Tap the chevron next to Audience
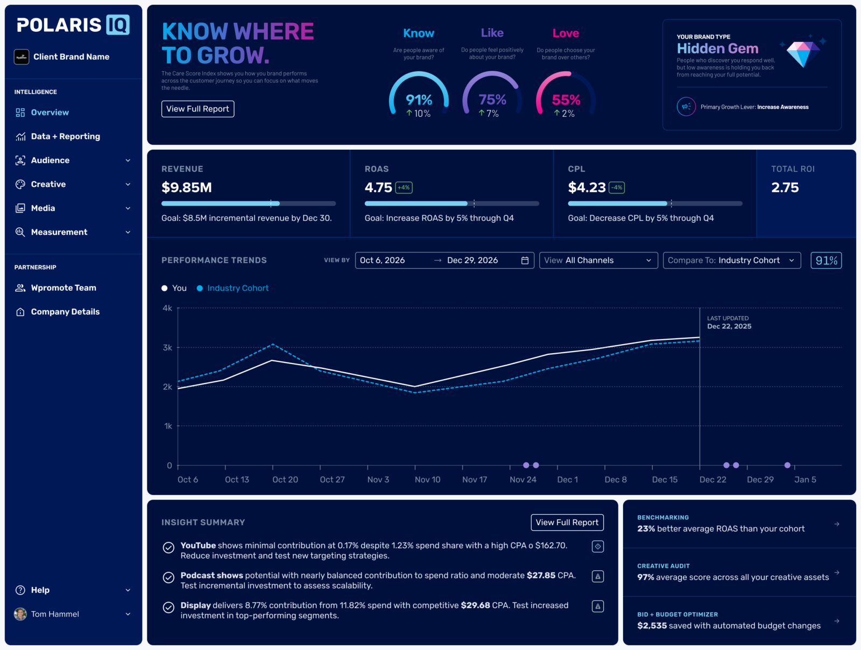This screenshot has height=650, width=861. click(x=128, y=160)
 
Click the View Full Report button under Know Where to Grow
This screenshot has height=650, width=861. click(x=197, y=109)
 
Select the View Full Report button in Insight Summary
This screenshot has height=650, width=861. click(x=567, y=522)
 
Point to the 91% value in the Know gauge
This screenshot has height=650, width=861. click(x=419, y=100)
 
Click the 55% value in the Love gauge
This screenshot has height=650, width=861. click(x=566, y=100)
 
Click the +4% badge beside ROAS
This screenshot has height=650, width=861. click(x=404, y=187)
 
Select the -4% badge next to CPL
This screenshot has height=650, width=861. click(x=617, y=187)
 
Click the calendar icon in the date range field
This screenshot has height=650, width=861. click(x=525, y=260)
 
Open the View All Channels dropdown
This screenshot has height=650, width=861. click(x=598, y=260)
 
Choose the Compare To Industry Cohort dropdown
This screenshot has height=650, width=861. click(x=731, y=260)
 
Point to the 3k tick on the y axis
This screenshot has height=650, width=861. click(x=167, y=348)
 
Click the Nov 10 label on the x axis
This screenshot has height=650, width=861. click(x=428, y=480)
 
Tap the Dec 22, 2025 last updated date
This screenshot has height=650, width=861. click(x=729, y=326)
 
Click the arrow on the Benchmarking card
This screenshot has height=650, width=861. click(x=837, y=524)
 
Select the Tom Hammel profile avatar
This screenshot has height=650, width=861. click(x=20, y=614)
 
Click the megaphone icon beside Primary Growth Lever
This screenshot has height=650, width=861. click(x=686, y=107)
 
